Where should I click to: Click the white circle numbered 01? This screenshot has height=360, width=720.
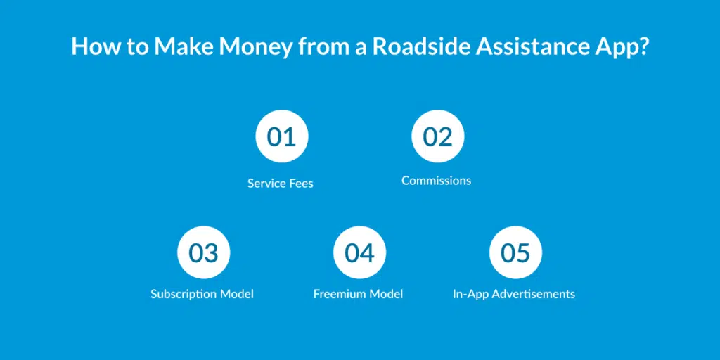coord(282,136)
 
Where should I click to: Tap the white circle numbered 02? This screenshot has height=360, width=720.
coord(437,136)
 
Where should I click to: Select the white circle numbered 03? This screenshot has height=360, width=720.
coord(204,252)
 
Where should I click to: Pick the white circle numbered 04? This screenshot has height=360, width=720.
coord(359,252)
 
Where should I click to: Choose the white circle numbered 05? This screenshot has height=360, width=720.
coord(515,252)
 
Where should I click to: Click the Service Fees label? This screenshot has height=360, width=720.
coord(280,184)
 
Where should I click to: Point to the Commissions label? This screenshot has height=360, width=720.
coord(436,181)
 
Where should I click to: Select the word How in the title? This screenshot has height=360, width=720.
coord(94,46)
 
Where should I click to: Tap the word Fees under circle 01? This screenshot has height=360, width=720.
coord(301,184)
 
